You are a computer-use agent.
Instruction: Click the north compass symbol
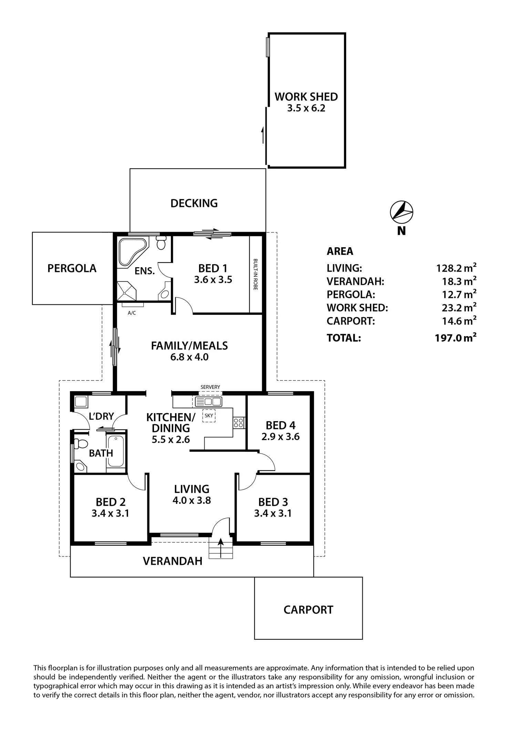tap(401, 211)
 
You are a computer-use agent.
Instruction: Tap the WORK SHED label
tap(306, 97)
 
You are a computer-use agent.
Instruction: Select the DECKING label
tap(194, 203)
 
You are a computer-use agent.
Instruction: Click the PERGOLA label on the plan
tap(72, 268)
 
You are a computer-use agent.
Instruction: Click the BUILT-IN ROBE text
tap(256, 274)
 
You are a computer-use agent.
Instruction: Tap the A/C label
tap(132, 313)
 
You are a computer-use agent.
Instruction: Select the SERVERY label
tap(210, 387)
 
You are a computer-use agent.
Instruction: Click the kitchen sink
tap(208, 401)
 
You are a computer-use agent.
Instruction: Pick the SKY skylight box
tap(209, 416)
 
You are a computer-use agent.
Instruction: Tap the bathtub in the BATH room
tap(116, 451)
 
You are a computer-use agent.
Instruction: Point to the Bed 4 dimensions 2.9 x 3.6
tap(280, 437)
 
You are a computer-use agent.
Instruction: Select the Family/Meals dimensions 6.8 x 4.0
tap(189, 357)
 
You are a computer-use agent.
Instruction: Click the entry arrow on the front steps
tap(220, 547)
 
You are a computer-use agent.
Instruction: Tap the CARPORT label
tap(308, 610)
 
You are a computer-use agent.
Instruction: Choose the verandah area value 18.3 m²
tap(459, 281)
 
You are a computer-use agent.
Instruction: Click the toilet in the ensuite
tap(161, 243)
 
